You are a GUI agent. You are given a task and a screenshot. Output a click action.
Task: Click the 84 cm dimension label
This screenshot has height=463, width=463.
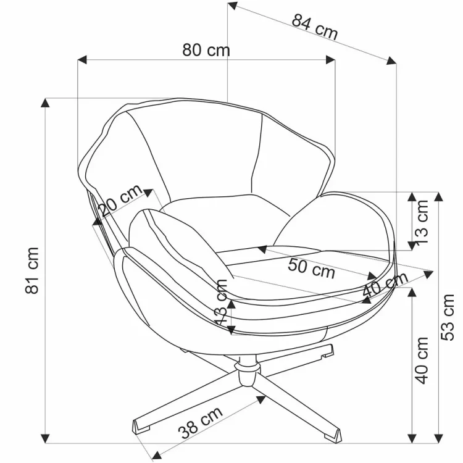(x=315, y=27)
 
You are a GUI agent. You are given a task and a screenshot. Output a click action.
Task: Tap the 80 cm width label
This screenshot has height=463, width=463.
(x=206, y=50)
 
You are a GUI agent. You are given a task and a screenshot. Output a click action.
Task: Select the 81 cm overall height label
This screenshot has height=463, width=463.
(x=32, y=270)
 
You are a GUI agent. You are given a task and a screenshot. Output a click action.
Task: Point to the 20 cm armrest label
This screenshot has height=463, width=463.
(x=120, y=201)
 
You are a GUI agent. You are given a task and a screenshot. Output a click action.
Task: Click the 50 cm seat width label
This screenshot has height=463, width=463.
(x=311, y=268)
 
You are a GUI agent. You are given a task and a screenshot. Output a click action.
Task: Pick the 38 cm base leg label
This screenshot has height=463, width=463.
(x=200, y=422)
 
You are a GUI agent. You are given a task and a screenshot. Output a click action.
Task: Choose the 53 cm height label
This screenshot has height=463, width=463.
(x=448, y=317)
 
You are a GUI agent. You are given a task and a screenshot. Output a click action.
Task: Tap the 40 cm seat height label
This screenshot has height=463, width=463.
(x=422, y=360)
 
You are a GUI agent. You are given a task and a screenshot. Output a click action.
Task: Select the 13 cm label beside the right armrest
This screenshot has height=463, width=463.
(x=422, y=222)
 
